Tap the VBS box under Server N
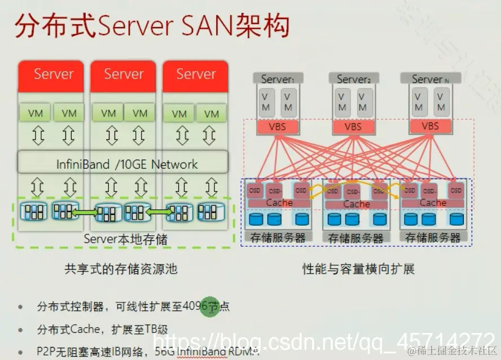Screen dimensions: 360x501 click(430, 126)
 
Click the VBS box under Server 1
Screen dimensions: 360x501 click(277, 126)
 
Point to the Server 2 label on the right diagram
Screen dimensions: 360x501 click(354, 80)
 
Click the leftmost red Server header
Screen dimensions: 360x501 click(53, 74)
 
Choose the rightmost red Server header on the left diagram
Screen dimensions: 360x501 click(196, 74)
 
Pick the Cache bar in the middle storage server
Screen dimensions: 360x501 click(357, 204)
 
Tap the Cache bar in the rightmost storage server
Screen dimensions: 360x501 click(433, 203)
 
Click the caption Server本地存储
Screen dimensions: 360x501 click(125, 239)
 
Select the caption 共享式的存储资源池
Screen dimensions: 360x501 click(121, 269)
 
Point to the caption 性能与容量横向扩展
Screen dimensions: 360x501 click(358, 269)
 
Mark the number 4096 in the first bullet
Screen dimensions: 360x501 click(194, 307)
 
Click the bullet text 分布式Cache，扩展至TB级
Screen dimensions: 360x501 click(102, 330)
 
